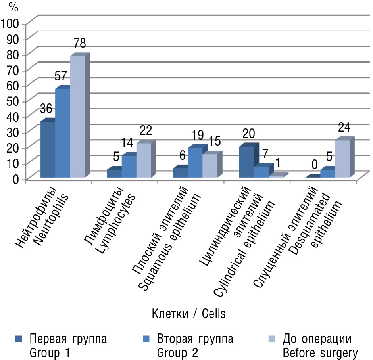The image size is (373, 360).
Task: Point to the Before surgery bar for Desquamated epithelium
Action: pyautogui.click(x=342, y=159)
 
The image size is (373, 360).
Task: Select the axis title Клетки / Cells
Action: pyautogui.click(x=188, y=314)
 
